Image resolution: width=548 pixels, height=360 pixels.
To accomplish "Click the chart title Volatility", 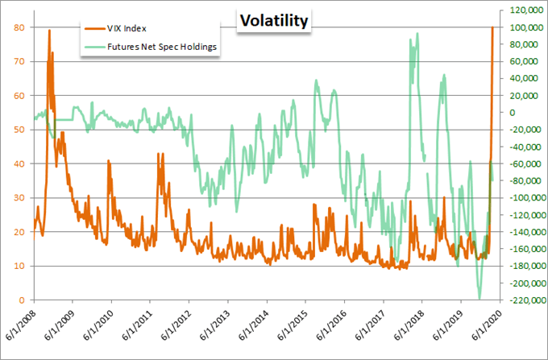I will coord(273,22).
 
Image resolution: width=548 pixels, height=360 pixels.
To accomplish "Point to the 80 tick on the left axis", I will coord(18,27).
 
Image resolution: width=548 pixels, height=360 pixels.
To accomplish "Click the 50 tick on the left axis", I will coord(18,130).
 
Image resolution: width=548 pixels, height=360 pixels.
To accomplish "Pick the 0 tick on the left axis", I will coord(21,300).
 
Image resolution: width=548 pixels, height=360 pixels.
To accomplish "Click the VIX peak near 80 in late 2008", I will coord(50,31).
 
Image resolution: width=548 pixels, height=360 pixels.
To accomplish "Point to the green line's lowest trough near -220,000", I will coord(479,299).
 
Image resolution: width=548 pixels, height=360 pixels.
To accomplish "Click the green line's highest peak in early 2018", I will coord(417,34).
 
